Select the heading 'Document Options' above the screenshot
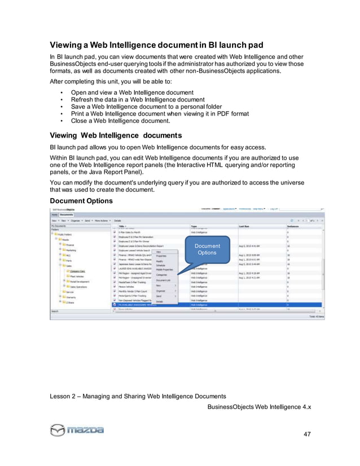click(x=81, y=201)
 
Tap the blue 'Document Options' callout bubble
click(x=207, y=249)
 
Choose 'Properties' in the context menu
click(x=161, y=256)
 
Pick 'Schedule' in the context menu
click(x=161, y=265)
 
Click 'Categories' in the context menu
click(x=162, y=275)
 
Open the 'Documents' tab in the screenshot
click(x=67, y=214)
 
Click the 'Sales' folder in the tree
click(x=69, y=266)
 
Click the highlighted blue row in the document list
click(x=226, y=305)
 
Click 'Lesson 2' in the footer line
click(x=66, y=396)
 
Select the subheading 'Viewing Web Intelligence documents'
click(x=116, y=135)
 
